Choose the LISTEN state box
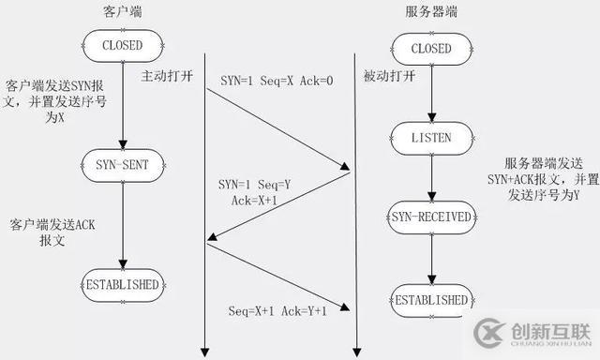430,138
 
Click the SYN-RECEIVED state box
430,218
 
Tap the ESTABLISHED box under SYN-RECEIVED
430,300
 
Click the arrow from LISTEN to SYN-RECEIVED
430,178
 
